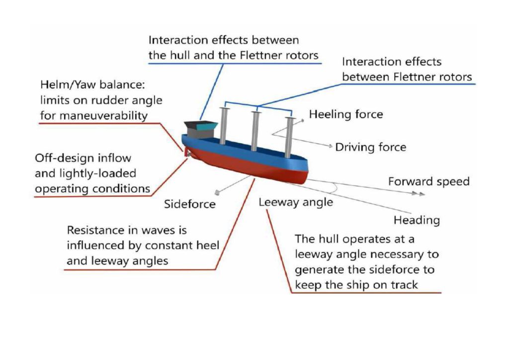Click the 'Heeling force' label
[346, 114]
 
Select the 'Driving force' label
[370, 147]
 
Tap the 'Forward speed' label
[429, 181]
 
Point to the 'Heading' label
[417, 220]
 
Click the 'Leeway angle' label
[296, 202]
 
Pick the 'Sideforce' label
[189, 204]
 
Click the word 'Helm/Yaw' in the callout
[68, 85]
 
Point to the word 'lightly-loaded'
[97, 174]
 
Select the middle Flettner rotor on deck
[255, 131]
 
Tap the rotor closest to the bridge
[223, 126]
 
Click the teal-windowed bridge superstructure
[200, 129]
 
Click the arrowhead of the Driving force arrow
[330, 146]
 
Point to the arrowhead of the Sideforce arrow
[217, 193]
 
